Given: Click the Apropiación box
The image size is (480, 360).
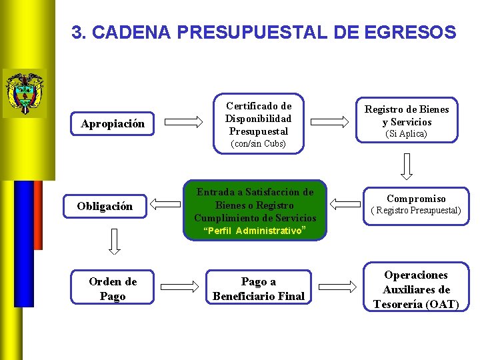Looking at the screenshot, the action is point(113,123).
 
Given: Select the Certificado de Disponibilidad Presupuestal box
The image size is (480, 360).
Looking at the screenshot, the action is point(258,120).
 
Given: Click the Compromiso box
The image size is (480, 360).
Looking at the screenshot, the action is point(416,204).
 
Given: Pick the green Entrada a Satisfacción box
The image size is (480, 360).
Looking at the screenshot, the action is point(255,209).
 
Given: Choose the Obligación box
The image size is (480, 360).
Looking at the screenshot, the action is point(105,206).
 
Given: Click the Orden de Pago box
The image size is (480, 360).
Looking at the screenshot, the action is point(113,289).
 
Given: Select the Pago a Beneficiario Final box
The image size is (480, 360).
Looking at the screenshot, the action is point(259,289).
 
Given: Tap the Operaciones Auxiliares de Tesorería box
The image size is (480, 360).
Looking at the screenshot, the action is point(416,289).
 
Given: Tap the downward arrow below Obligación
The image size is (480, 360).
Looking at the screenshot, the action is point(114,243).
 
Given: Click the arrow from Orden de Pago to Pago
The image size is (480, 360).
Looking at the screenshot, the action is point(183,288).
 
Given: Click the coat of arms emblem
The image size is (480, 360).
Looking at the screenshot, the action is point(24,93).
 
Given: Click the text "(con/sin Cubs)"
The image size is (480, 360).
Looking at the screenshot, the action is point(258,144).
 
